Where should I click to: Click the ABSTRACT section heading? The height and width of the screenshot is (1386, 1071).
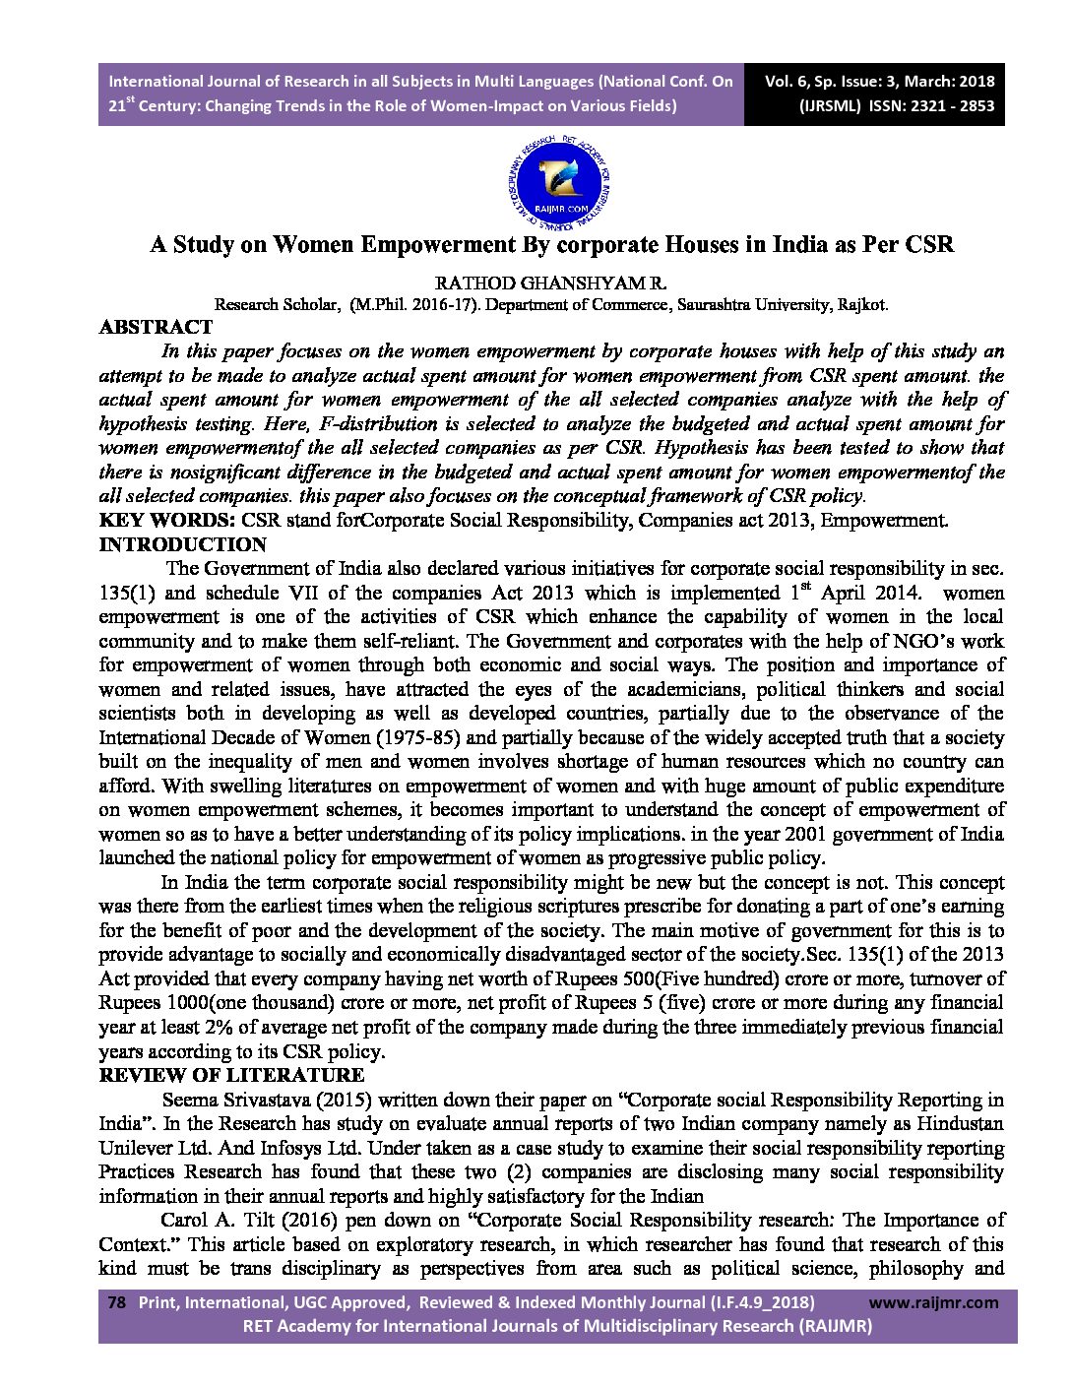(156, 327)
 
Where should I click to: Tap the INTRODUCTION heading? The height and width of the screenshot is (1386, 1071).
(183, 544)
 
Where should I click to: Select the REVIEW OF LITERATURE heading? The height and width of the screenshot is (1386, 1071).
(231, 1075)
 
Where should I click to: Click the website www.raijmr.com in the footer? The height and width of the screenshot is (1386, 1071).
(934, 1302)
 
